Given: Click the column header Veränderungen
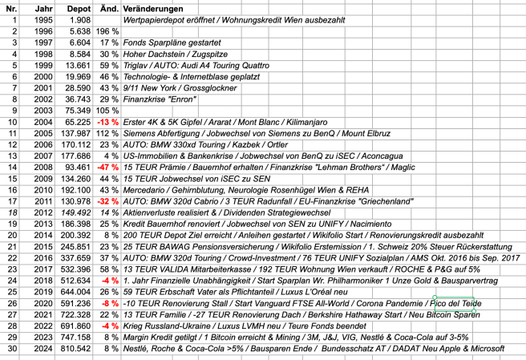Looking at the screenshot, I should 156,7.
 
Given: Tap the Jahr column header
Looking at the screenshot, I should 45,7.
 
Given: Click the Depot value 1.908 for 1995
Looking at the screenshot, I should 80,18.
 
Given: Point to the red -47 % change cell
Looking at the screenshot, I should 107,166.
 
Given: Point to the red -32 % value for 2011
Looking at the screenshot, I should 107,200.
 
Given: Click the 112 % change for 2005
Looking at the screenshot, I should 107,131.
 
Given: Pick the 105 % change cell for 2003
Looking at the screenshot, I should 107,109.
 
